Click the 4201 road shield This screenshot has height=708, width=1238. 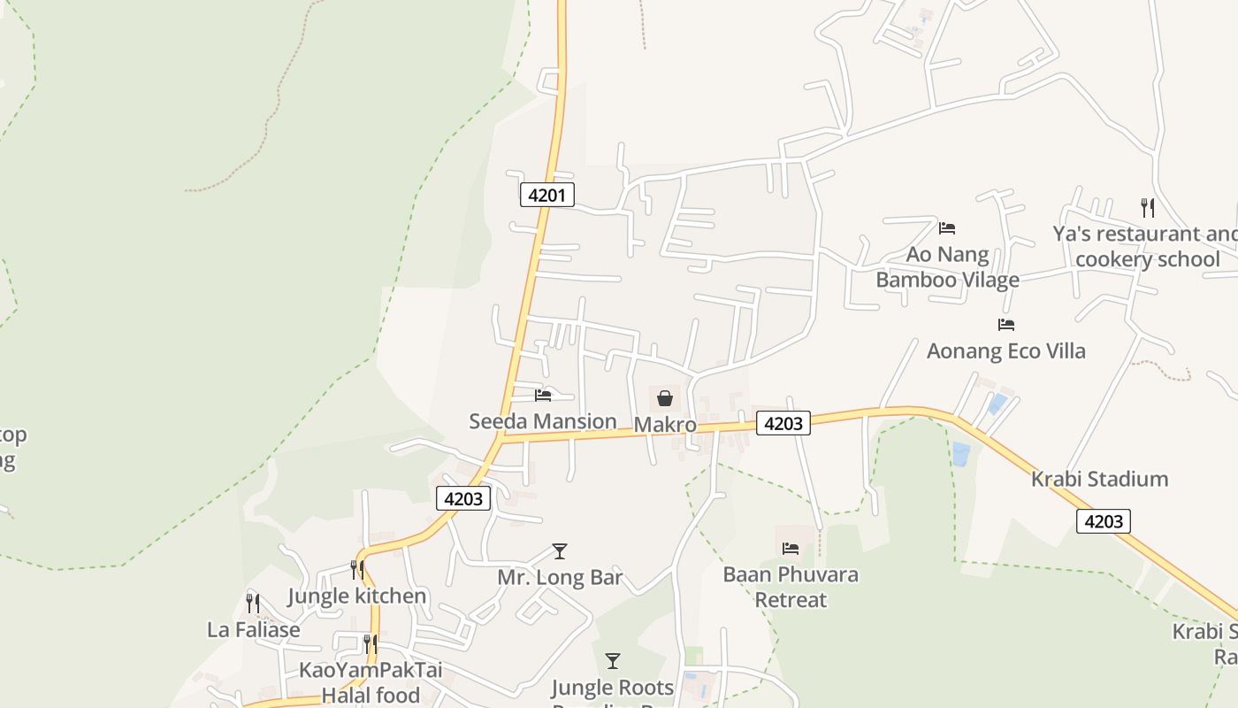(x=546, y=195)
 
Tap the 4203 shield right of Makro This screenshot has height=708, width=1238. (x=783, y=424)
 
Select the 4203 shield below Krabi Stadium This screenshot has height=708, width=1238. (x=1103, y=521)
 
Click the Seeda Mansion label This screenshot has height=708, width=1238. (x=543, y=421)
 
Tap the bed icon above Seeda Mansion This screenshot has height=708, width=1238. (x=543, y=395)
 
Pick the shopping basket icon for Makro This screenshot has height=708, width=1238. (x=665, y=398)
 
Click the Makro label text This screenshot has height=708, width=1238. (x=665, y=425)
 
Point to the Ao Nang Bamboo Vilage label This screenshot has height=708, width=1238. (x=947, y=267)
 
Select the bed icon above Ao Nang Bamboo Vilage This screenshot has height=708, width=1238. (x=947, y=228)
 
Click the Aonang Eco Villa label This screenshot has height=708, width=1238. (x=1005, y=350)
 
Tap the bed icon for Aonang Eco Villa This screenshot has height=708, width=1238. (x=1006, y=325)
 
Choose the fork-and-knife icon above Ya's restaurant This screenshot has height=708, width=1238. (x=1148, y=207)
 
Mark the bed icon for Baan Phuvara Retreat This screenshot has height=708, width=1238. (x=791, y=549)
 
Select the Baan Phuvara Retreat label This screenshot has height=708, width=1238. (x=791, y=587)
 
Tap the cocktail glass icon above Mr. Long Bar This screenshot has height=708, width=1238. (x=559, y=551)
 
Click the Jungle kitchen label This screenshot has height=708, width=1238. (x=357, y=596)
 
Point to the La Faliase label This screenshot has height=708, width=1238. (x=254, y=629)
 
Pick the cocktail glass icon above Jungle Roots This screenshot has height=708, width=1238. (x=612, y=660)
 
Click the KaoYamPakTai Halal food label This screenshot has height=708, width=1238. (x=371, y=682)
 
